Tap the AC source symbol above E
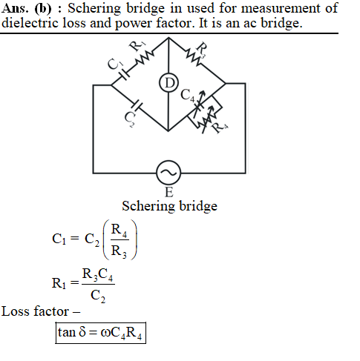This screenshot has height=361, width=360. point(168,173)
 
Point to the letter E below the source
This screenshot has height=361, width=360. point(168,192)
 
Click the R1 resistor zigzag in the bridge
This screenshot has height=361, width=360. point(145,58)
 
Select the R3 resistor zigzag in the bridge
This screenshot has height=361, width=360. point(194,58)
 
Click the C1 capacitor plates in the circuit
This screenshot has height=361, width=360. point(124,74)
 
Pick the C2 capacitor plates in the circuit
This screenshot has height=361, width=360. point(137,105)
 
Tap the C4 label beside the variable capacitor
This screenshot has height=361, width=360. point(187,96)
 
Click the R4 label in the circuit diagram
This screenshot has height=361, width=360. point(219,127)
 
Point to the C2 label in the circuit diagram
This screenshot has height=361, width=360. point(129,119)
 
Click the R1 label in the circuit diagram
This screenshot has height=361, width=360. point(137,45)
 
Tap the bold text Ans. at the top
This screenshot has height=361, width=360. point(15,8)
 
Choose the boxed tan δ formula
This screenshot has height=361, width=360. point(100,333)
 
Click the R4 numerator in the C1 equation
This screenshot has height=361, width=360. point(120,231)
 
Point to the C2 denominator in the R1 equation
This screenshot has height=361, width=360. point(98,296)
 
